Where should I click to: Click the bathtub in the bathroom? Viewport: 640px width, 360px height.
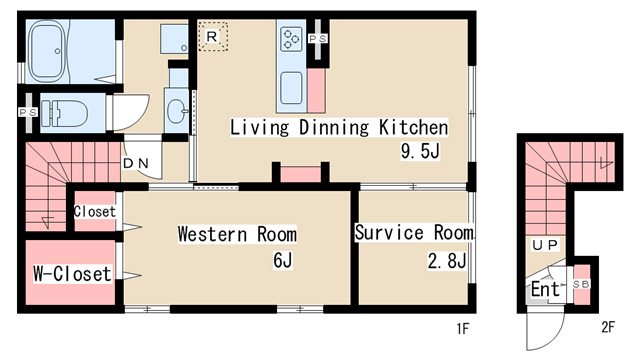click(48, 51)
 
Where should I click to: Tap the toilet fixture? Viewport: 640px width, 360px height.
click(65, 113)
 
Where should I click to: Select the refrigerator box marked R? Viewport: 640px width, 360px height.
click(213, 37)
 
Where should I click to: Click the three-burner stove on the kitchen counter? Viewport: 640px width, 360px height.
click(291, 39)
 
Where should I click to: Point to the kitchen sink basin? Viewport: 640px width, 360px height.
click(291, 88)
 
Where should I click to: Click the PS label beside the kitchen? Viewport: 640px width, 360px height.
click(318, 39)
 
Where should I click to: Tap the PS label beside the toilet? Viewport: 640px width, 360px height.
click(28, 112)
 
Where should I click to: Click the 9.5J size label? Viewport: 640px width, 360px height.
click(420, 151)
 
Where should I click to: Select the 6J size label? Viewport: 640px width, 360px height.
click(283, 260)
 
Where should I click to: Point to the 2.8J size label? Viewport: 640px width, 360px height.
click(447, 260)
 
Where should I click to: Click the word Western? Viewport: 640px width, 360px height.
click(213, 234)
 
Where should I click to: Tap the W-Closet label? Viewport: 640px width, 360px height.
click(72, 273)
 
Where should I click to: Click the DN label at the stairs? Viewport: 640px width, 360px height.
click(136, 164)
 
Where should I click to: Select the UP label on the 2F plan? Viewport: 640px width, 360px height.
click(545, 245)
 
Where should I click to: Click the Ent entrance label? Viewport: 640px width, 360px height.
click(545, 289)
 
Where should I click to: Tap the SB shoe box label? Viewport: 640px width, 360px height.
click(581, 284)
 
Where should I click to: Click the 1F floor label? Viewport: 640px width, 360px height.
click(462, 328)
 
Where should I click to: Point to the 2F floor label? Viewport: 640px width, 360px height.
click(608, 327)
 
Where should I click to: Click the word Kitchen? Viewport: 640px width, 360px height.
click(413, 127)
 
